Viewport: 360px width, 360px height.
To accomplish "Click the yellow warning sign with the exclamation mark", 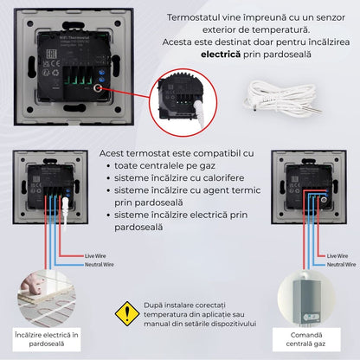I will click(x=128, y=312).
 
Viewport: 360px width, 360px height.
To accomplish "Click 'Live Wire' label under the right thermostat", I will click(x=337, y=255).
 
